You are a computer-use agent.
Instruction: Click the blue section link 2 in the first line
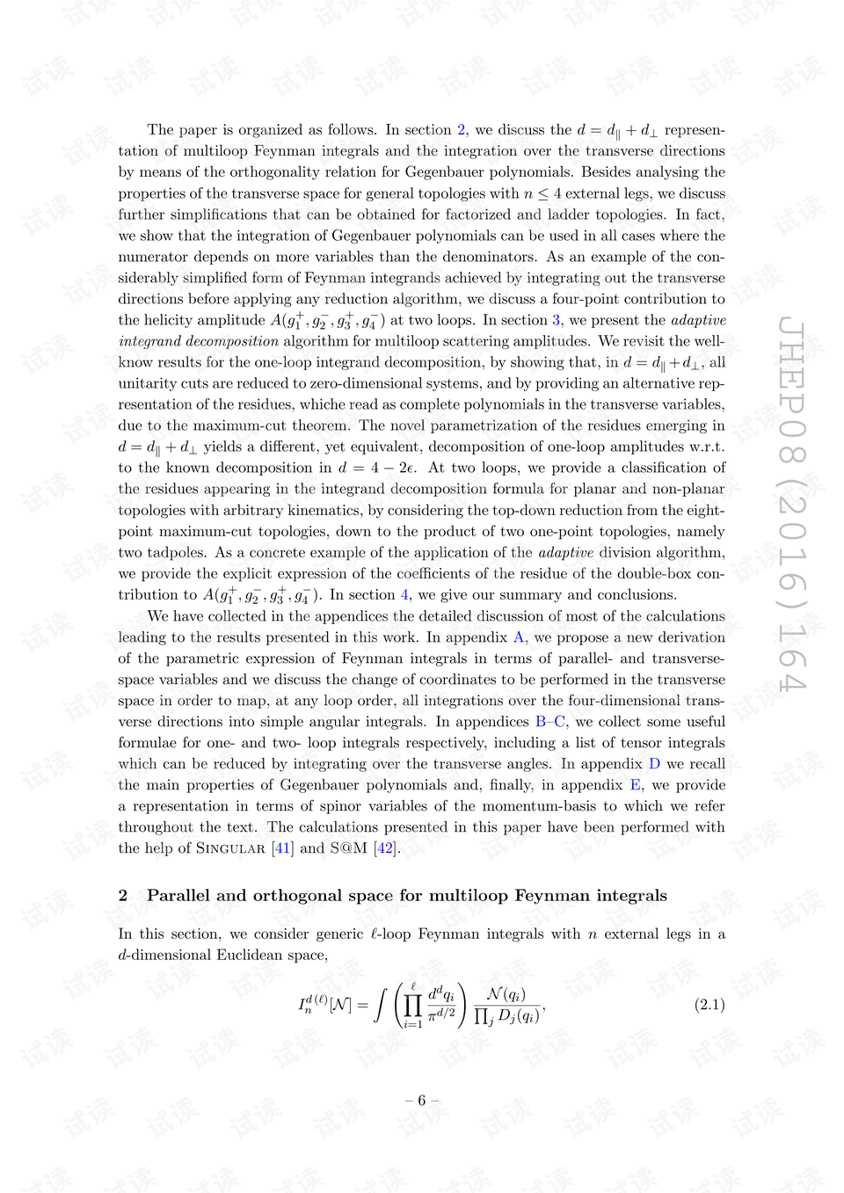[x=462, y=130]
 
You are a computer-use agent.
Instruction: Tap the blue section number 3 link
[x=557, y=320]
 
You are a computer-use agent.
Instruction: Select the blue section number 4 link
[x=405, y=595]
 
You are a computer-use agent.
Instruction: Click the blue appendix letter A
[x=519, y=637]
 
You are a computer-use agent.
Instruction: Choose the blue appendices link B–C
[x=550, y=722]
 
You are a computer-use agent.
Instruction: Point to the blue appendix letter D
[x=654, y=764]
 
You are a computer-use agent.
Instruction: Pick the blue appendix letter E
[x=636, y=785]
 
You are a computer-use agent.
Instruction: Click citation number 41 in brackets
[x=282, y=848]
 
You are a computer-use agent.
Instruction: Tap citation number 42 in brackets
[x=385, y=848]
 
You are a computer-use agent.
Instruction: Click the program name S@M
[x=348, y=848]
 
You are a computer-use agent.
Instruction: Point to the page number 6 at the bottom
[x=422, y=1101]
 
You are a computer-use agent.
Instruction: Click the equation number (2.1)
[x=709, y=1004]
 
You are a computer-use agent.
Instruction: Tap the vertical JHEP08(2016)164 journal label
[x=791, y=503]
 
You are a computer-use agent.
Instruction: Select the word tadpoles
[x=175, y=553]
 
